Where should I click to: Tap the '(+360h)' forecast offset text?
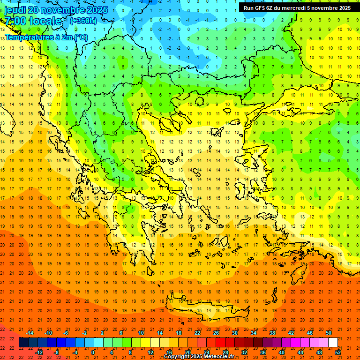pos(83,21)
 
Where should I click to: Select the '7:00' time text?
pos(15,21)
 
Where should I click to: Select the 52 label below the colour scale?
pos(338,352)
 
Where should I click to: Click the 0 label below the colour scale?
pos(93,352)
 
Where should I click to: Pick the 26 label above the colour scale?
pos(216,333)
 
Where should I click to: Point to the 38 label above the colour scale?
pos(272,333)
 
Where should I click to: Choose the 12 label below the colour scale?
pos(150,352)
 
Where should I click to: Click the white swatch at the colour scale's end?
pos(333,343)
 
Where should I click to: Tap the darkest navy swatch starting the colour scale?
pos(24,343)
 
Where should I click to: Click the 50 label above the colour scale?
pos(329,333)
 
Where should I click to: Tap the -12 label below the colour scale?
pos(39,352)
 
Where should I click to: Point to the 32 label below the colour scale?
pos(244,352)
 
